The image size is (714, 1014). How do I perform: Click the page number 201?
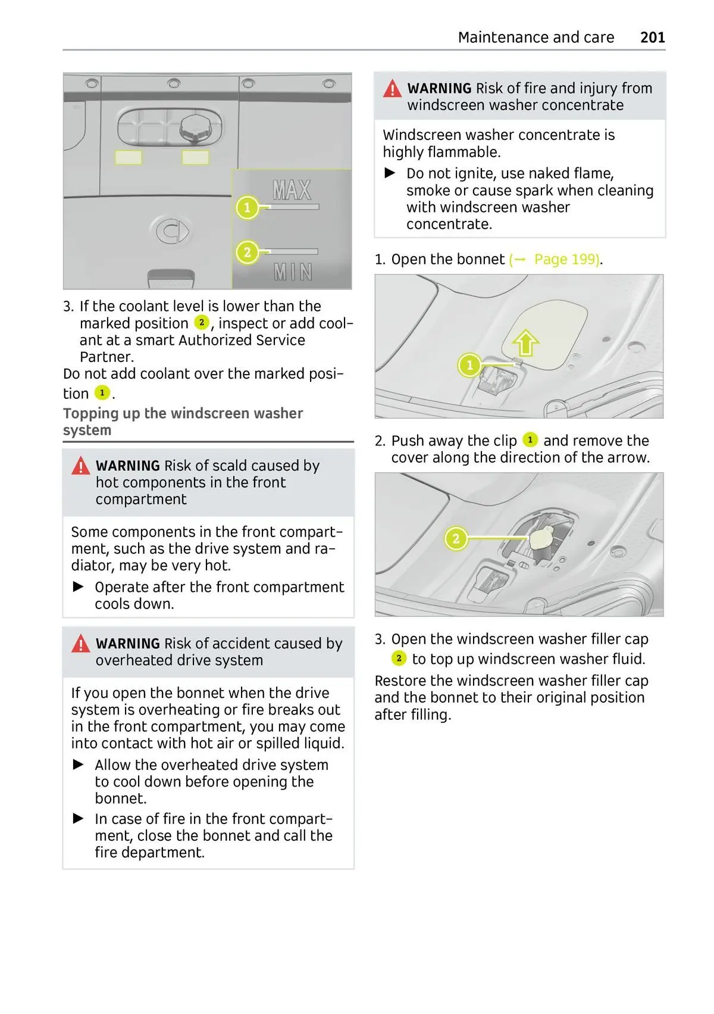click(x=652, y=38)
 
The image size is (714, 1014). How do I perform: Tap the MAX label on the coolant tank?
click(x=292, y=191)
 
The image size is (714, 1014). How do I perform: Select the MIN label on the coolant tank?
click(x=293, y=272)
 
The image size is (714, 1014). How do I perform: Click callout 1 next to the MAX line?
click(x=247, y=208)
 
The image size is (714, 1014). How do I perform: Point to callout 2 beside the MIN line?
click(x=247, y=252)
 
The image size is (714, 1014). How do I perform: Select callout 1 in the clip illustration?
click(x=469, y=365)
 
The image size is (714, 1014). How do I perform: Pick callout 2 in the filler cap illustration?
click(x=456, y=539)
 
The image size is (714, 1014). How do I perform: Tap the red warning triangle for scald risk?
click(x=80, y=466)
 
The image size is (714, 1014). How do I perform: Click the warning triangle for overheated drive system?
click(x=80, y=644)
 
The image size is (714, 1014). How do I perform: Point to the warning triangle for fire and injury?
click(x=392, y=89)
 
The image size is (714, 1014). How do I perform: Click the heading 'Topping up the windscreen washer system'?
click(x=183, y=422)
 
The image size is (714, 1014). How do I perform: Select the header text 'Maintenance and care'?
click(x=535, y=38)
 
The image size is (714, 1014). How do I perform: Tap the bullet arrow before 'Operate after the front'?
click(x=79, y=587)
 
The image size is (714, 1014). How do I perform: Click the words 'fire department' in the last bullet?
click(x=149, y=853)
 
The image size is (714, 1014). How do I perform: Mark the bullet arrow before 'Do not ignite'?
click(x=390, y=173)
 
